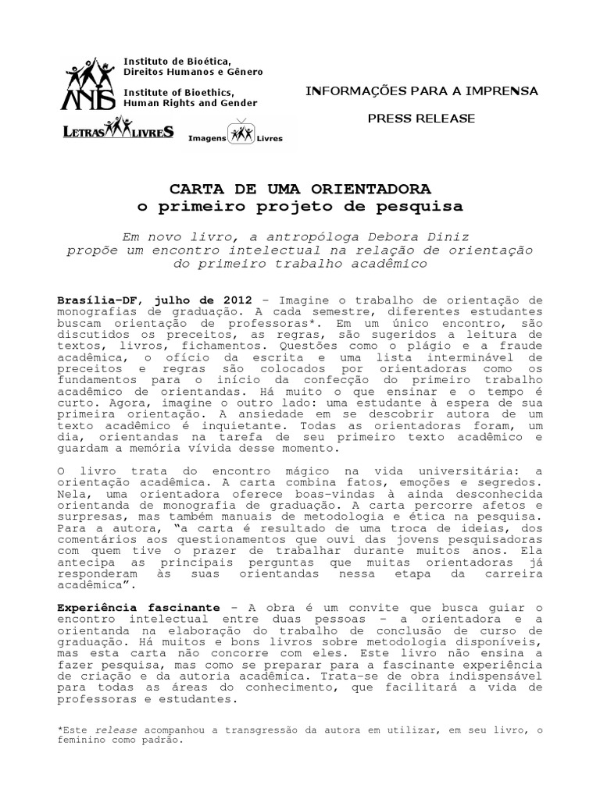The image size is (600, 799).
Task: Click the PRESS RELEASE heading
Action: (421, 118)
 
